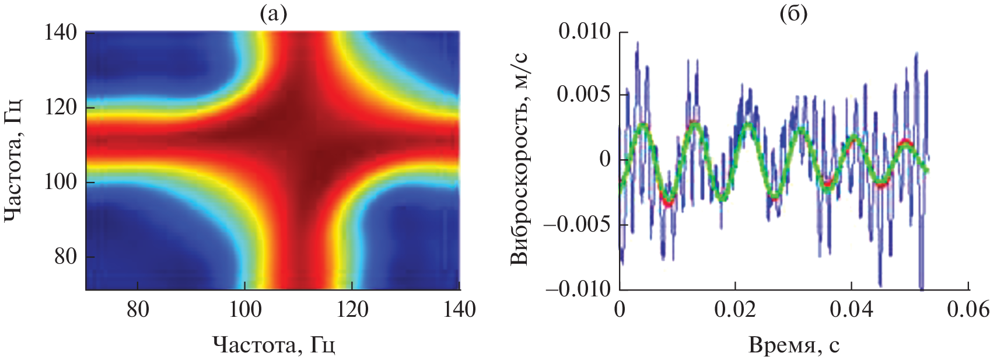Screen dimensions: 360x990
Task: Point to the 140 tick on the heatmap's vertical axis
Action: (61, 33)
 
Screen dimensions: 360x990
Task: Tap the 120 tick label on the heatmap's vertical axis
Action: (61, 107)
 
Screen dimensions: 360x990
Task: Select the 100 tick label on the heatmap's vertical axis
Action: (61, 182)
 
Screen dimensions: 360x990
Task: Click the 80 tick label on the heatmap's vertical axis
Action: (66, 257)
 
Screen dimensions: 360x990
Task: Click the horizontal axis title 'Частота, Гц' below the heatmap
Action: (274, 345)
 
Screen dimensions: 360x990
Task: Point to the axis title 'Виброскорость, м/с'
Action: (519, 160)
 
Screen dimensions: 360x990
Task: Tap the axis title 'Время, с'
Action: (794, 345)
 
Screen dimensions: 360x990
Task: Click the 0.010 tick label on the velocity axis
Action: (585, 31)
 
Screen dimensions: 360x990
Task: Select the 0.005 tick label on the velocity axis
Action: (585, 95)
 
